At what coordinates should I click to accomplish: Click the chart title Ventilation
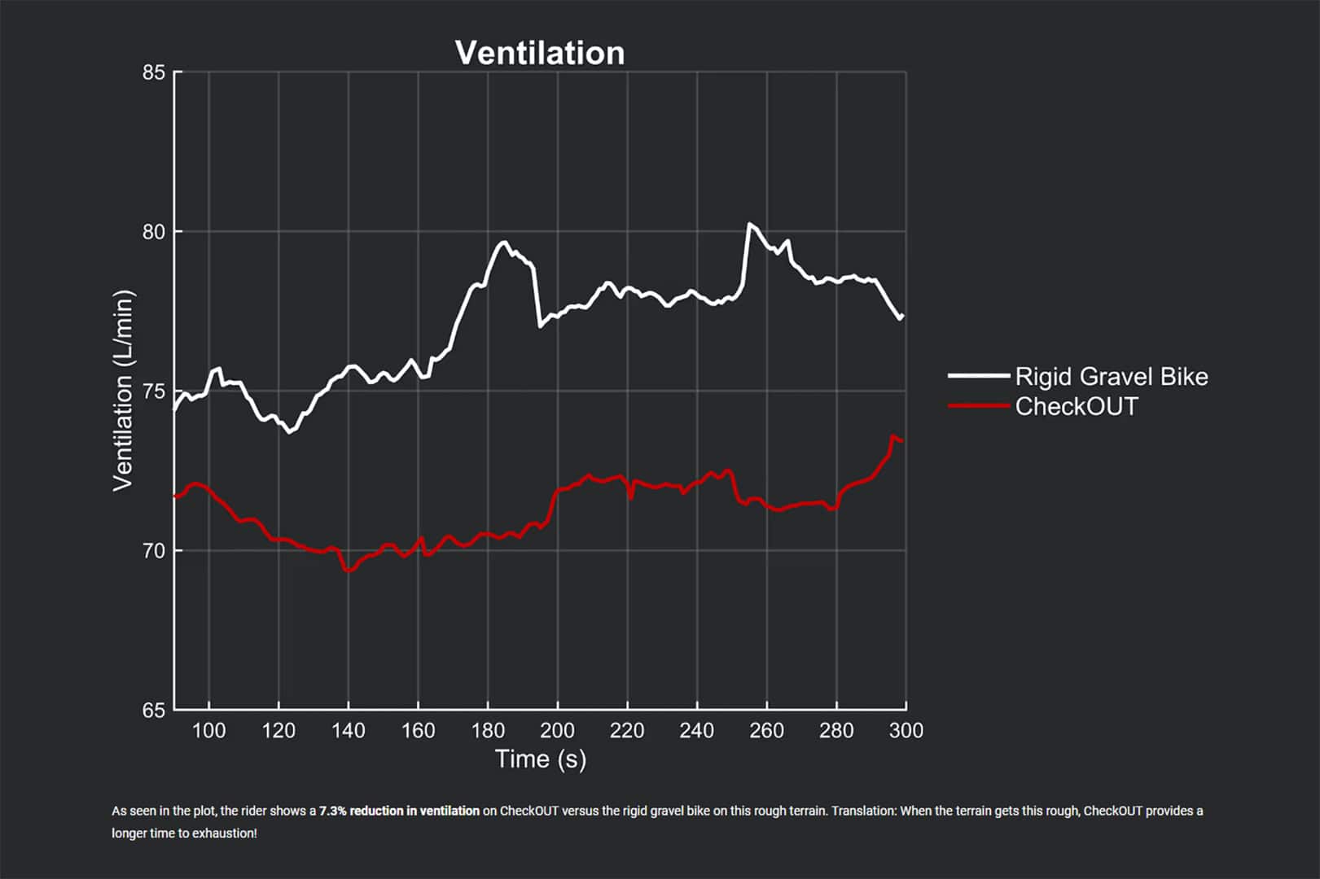click(x=540, y=54)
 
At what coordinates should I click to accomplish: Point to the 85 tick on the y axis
click(x=154, y=72)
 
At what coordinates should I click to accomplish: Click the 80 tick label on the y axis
click(x=154, y=232)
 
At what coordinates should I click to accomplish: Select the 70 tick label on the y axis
click(x=154, y=551)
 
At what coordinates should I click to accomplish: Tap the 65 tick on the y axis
click(x=154, y=711)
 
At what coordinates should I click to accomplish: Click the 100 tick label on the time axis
click(x=208, y=731)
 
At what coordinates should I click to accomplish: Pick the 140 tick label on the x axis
click(x=349, y=731)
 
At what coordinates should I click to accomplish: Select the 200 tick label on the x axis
click(x=557, y=731)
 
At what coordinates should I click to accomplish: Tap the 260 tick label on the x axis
click(x=766, y=731)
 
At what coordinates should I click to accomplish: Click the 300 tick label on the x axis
click(x=906, y=731)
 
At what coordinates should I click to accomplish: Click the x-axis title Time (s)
click(x=541, y=759)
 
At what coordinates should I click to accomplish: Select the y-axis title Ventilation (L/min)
click(x=123, y=391)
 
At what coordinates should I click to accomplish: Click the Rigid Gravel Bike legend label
click(x=1111, y=377)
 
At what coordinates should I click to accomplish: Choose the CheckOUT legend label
click(x=1076, y=406)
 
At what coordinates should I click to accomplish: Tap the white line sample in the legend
click(x=978, y=376)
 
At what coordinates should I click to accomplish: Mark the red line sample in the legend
click(x=978, y=405)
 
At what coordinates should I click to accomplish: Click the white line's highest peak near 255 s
click(x=749, y=224)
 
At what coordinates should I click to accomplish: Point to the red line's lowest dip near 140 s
click(x=349, y=571)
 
